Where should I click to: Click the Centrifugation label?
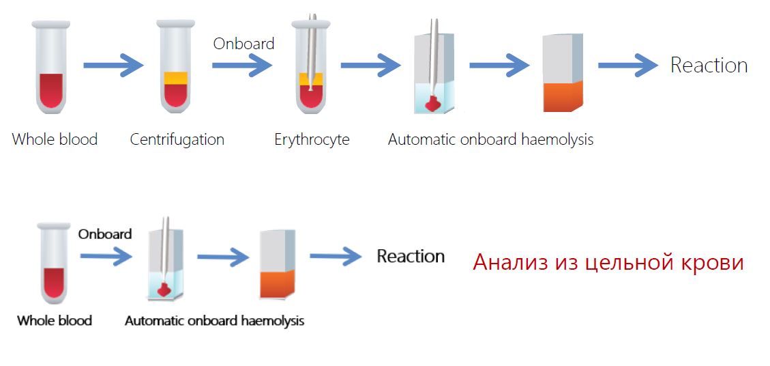click(177, 140)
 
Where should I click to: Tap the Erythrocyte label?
click(312, 140)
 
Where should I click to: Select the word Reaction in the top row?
click(709, 66)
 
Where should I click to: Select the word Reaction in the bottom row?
click(411, 257)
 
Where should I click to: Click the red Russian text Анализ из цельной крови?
click(608, 263)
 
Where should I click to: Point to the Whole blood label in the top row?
click(55, 140)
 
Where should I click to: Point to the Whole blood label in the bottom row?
click(55, 320)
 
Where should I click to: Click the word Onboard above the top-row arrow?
click(243, 44)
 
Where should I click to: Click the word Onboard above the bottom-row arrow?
click(104, 234)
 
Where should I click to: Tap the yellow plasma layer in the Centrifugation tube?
click(175, 79)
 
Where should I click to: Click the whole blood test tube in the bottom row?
click(53, 263)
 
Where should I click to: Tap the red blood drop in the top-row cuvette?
click(432, 104)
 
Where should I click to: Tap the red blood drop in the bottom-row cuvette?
click(164, 289)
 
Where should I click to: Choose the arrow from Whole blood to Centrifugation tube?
click(113, 66)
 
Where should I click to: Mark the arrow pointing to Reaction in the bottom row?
click(336, 257)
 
